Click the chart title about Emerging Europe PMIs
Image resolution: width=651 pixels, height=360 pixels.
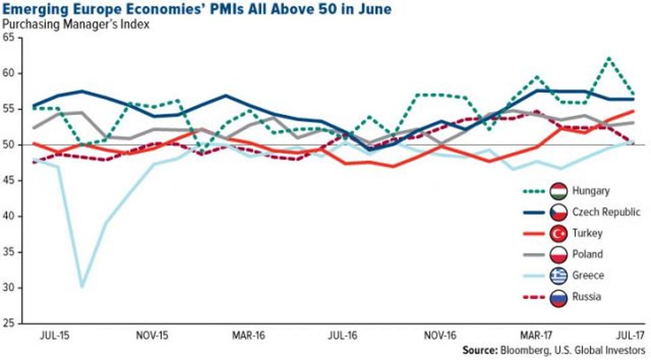[197, 10]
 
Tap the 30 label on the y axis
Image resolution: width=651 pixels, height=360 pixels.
[9, 287]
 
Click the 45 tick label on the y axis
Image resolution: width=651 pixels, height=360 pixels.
[9, 180]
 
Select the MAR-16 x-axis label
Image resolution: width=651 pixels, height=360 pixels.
[246, 336]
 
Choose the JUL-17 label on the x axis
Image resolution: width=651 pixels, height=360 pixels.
[629, 336]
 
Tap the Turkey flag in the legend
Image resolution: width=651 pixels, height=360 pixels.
[559, 233]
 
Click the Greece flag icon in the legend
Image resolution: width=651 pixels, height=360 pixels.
[559, 275]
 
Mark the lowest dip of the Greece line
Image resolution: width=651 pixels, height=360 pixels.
[82, 287]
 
